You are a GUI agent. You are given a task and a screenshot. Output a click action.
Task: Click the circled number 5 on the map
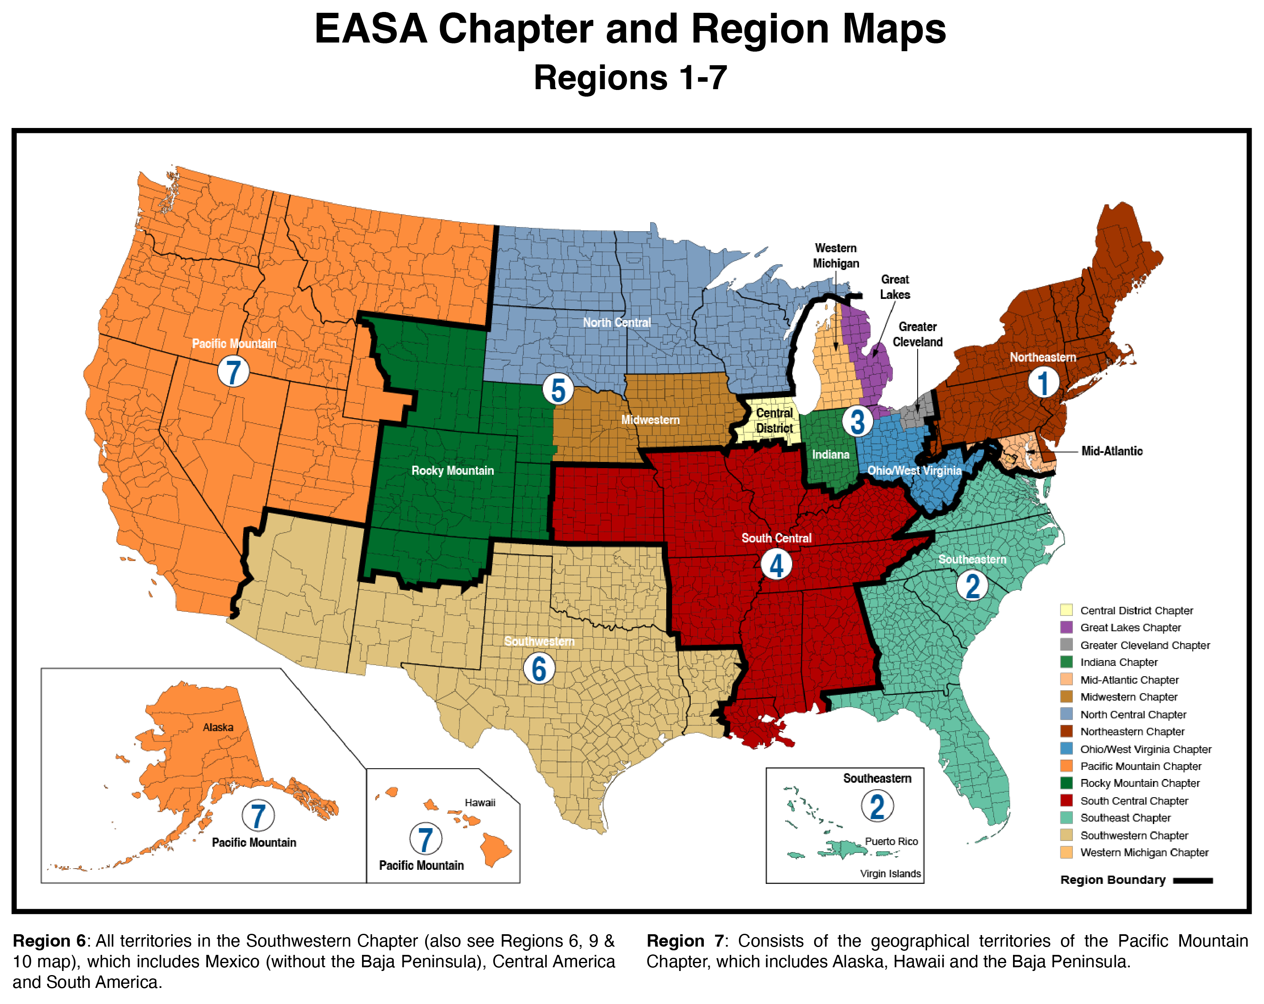[558, 389]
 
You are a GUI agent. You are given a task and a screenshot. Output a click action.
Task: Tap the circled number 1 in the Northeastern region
[1043, 382]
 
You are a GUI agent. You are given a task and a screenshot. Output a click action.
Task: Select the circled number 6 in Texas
[539, 668]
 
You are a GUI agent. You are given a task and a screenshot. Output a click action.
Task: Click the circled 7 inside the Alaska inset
[258, 815]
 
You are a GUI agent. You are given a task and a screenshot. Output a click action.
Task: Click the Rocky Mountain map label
[452, 470]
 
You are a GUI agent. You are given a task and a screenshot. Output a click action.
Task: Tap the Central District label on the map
[774, 421]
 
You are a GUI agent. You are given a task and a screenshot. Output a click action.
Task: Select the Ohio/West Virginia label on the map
[914, 470]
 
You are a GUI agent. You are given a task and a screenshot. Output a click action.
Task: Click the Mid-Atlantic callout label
[1112, 451]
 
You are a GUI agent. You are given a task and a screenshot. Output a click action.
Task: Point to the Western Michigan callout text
[836, 256]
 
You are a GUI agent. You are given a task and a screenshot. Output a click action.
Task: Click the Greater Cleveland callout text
[918, 334]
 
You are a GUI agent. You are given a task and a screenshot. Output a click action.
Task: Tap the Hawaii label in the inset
[480, 802]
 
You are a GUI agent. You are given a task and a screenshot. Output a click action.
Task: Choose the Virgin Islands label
[890, 873]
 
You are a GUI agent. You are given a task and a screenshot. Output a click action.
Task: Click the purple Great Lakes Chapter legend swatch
[1066, 627]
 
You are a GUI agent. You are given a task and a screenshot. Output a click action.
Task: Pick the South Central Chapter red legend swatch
[1066, 800]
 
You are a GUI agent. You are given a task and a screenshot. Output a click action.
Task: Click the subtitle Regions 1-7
[630, 78]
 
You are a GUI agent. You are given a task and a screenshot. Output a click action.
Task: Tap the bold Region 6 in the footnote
[49, 941]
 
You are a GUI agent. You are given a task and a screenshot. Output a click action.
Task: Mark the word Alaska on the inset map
[218, 727]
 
